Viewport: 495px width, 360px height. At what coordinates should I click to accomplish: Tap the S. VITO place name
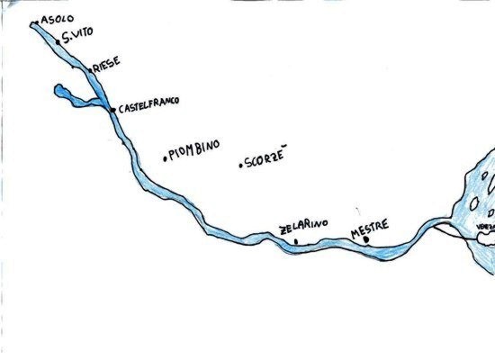pos(78,39)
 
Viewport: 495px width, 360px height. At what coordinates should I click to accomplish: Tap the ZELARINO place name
pos(304,223)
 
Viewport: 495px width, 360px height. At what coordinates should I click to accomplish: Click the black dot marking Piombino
pos(165,158)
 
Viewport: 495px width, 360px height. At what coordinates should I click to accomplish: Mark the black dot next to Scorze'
pos(240,165)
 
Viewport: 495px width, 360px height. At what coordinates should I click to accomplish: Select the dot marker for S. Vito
pos(58,41)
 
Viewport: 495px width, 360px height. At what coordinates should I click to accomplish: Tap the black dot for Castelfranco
pos(112,110)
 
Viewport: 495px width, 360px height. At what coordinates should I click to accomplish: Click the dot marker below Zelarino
pos(296,241)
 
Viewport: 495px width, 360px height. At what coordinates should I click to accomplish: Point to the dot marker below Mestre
pos(365,240)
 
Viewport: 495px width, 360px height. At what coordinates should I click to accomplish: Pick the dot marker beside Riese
pos(90,67)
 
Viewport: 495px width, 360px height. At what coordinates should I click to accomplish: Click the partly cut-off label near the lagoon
pos(486,226)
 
